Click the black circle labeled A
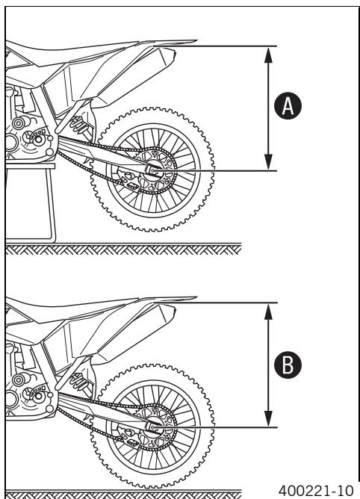[288, 106]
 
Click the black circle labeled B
[288, 365]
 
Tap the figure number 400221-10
[316, 490]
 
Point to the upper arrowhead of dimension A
[269, 55]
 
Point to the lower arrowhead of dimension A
[269, 161]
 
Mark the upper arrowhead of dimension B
[269, 312]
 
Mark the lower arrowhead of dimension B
[269, 418]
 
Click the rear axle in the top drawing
[153, 170]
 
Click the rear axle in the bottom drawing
[153, 427]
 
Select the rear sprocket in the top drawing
[153, 171]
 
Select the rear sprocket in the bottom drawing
[153, 427]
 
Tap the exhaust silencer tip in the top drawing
[168, 56]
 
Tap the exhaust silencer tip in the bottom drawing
[168, 313]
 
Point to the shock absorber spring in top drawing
[78, 125]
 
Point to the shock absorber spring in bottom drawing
[78, 381]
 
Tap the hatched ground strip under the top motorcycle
[123, 249]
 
